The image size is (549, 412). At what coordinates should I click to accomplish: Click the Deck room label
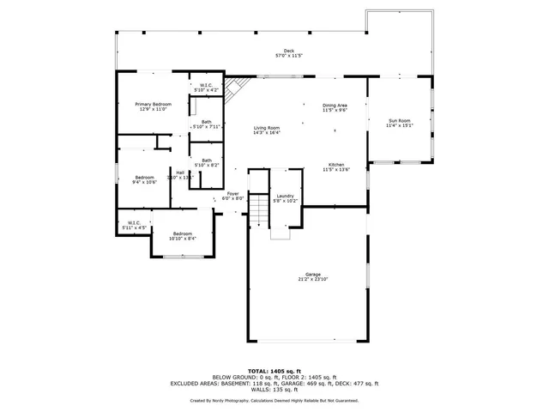(277, 53)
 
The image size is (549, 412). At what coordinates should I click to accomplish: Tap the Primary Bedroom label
(150, 106)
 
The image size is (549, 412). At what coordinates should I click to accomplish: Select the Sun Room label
(400, 123)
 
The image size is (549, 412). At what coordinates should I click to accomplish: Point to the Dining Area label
(334, 107)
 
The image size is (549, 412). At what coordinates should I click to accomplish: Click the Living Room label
(267, 130)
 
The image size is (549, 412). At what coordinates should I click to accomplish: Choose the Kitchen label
(336, 167)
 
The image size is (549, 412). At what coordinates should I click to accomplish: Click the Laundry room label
(286, 197)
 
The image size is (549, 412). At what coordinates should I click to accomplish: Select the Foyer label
(232, 196)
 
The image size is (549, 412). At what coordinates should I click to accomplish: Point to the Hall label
(180, 175)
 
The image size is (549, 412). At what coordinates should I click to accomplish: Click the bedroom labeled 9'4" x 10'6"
(144, 179)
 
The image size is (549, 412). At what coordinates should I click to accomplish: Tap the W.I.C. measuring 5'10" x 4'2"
(207, 87)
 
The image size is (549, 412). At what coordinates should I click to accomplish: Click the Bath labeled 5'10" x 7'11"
(207, 124)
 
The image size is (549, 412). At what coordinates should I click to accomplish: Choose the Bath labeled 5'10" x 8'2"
(207, 162)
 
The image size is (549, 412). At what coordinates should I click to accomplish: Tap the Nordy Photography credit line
(274, 401)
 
